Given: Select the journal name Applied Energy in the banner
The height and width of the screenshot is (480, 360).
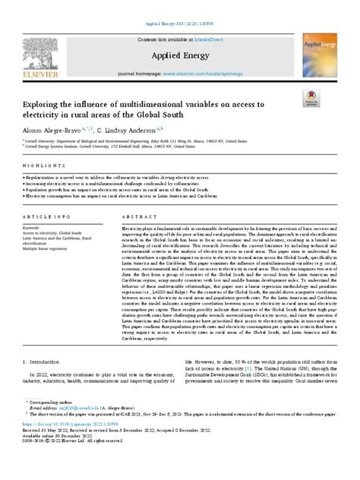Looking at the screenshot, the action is pos(178,55).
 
